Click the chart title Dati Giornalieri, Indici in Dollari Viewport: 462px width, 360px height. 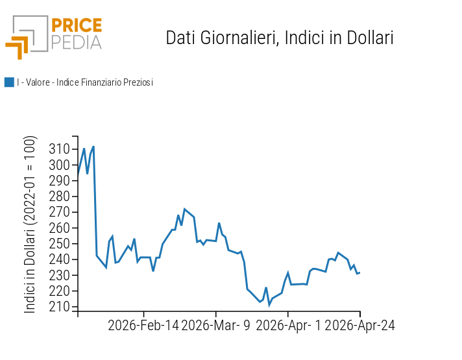coord(280,38)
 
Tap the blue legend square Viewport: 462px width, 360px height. coord(9,82)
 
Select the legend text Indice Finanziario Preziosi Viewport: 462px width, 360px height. coord(85,82)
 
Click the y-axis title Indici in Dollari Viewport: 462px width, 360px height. coord(30,224)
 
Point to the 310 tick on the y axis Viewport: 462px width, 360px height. coord(59,149)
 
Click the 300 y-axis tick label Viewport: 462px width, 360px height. coord(59,165)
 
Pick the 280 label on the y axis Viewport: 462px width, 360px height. coord(59,197)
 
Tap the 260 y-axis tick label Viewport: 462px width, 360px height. coord(59,228)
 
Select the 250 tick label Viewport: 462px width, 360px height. coord(59,244)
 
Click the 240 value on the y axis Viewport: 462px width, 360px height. coord(59,259)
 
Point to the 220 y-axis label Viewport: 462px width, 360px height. coord(59,291)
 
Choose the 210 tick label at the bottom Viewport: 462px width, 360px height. coord(59,307)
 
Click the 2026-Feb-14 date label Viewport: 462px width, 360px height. coord(143,325)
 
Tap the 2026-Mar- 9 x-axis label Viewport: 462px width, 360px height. coord(216,325)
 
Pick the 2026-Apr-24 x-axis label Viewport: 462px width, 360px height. coord(359,325)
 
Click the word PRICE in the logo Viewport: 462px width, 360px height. coord(77,26)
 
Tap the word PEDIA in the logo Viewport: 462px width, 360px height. coord(77,42)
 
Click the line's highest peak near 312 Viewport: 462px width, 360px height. coord(93,147)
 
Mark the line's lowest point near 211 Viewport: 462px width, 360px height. coord(269,305)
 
